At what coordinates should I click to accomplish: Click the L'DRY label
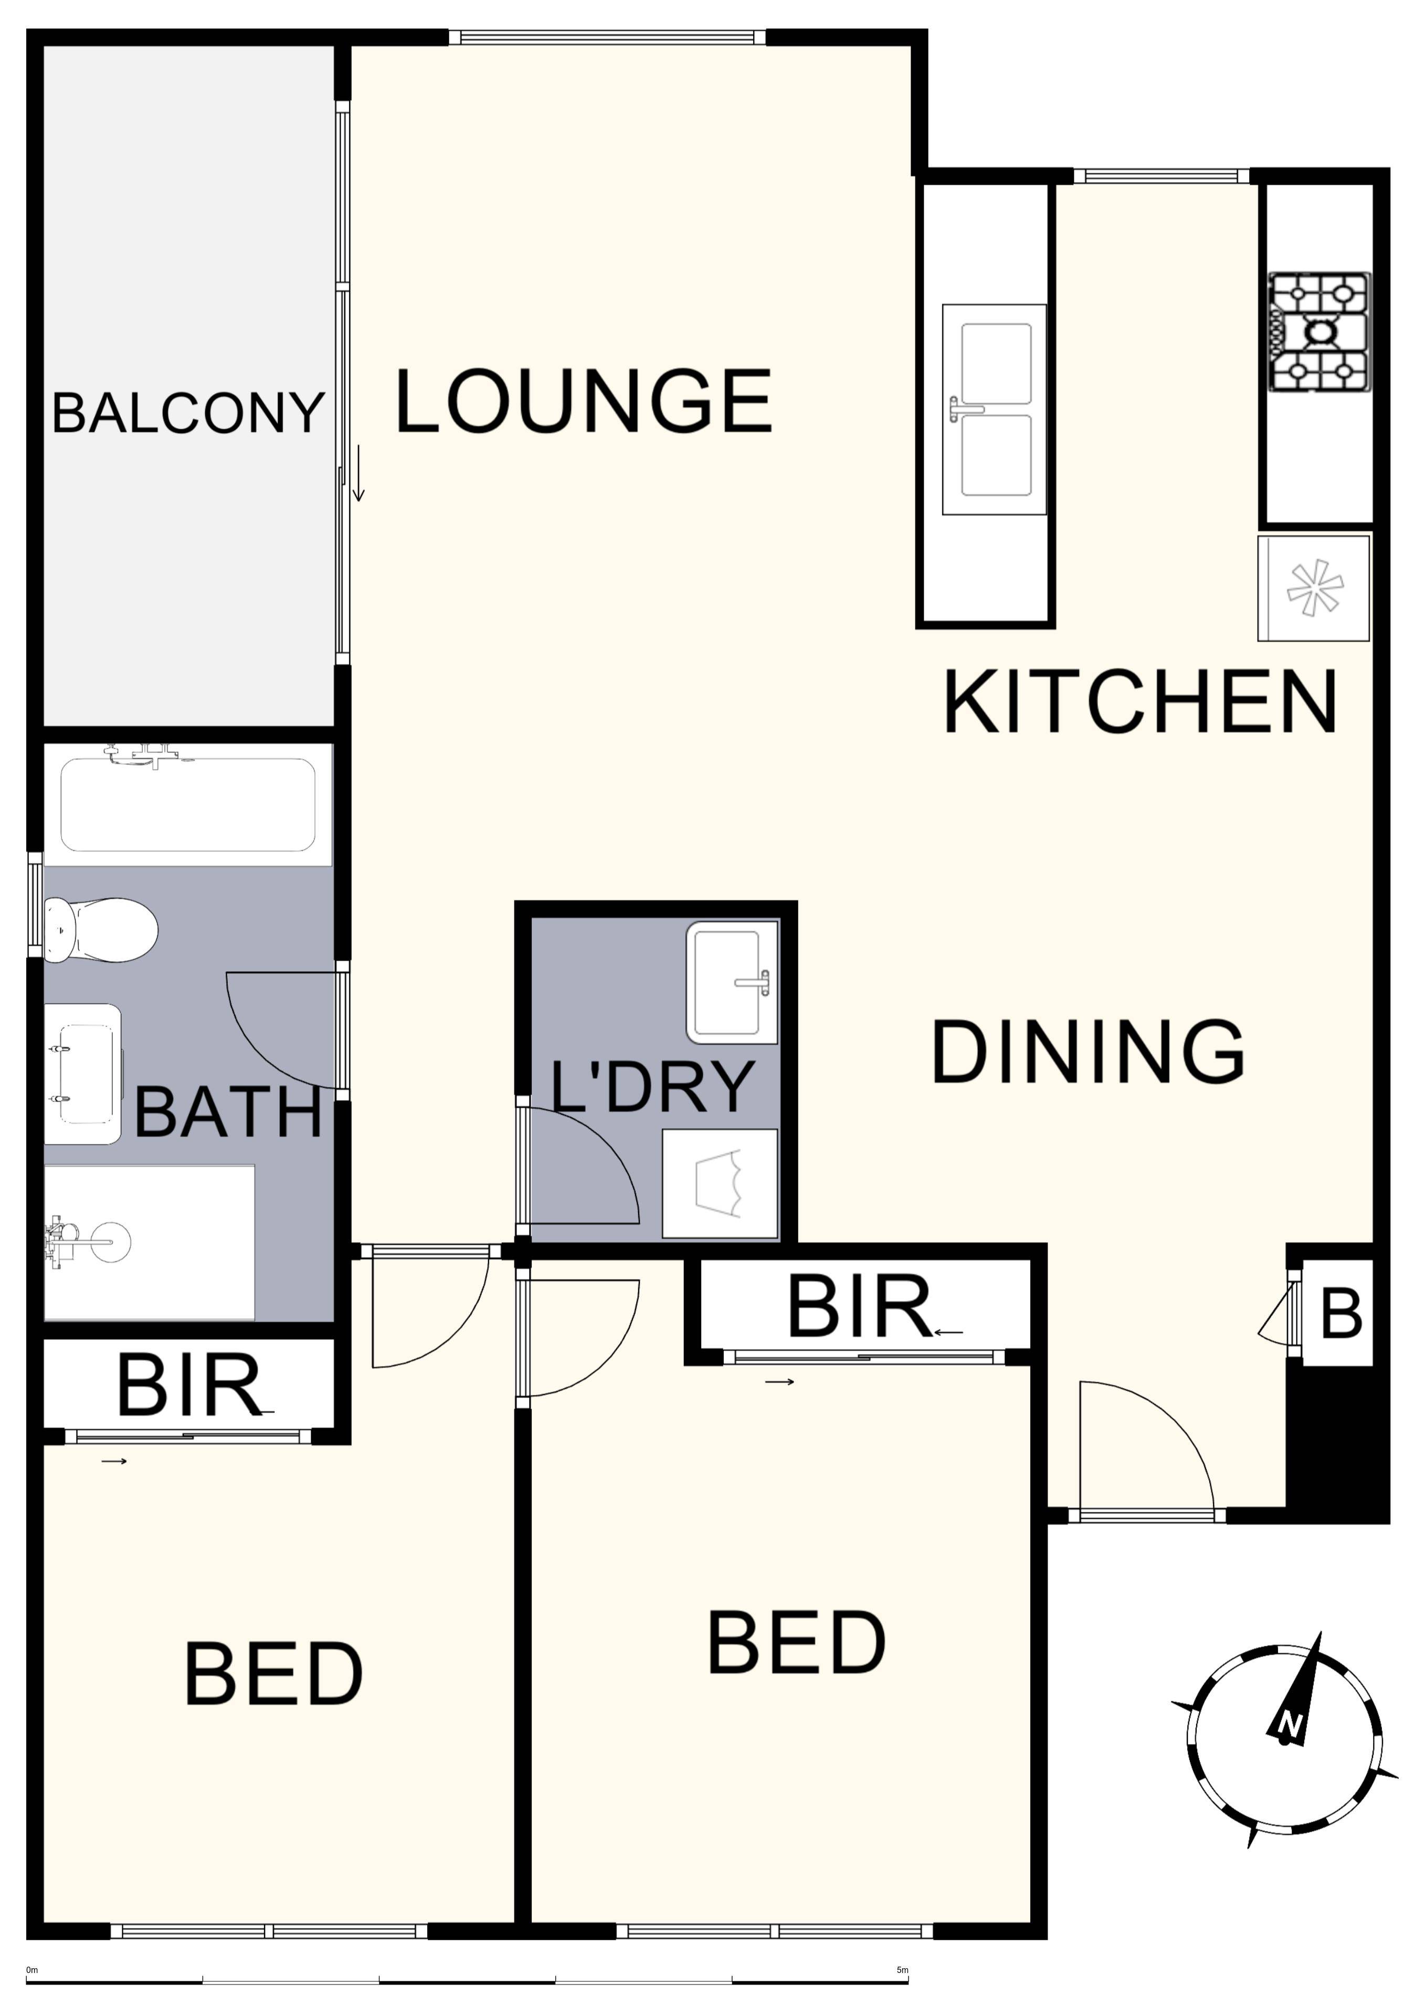pyautogui.click(x=652, y=1087)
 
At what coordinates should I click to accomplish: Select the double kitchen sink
pyautogui.click(x=995, y=409)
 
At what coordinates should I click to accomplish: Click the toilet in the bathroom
pyautogui.click(x=100, y=929)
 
